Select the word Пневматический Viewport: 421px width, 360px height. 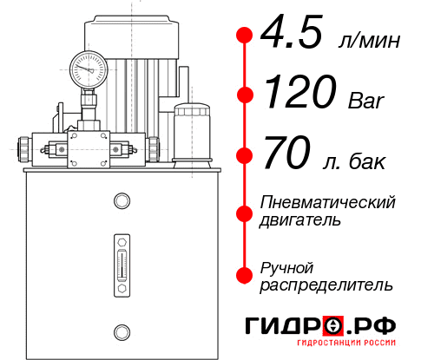pyautogui.click(x=328, y=202)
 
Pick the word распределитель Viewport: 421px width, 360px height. pyautogui.click(x=326, y=285)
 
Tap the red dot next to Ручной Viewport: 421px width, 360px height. pyautogui.click(x=245, y=274)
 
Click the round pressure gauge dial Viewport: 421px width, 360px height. pyautogui.click(x=89, y=67)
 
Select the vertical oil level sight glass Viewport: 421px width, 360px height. pyautogui.click(x=121, y=260)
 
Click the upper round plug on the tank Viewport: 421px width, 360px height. pyautogui.click(x=121, y=202)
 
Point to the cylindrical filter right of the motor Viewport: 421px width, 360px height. pyautogui.click(x=190, y=130)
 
